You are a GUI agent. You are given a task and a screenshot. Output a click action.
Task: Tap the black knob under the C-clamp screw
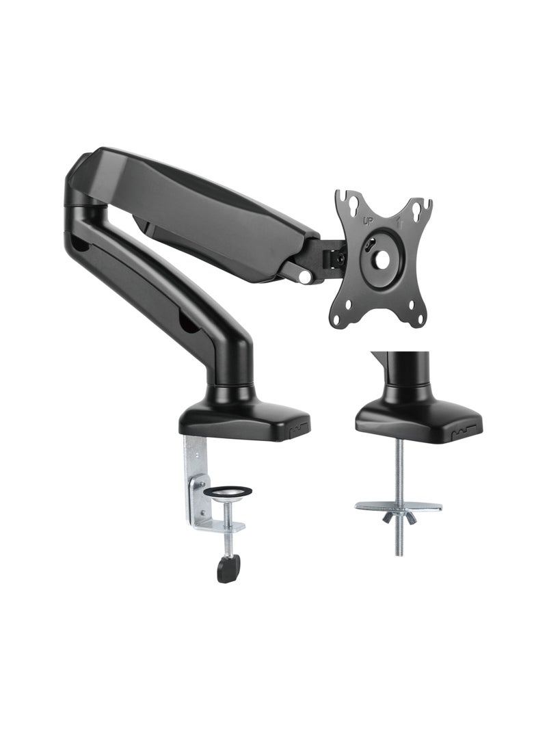tap(228, 567)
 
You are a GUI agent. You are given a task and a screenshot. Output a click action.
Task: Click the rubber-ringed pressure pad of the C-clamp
tap(229, 491)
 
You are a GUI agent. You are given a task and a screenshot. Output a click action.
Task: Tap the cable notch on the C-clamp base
tap(296, 431)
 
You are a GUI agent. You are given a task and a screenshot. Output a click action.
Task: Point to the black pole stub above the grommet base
tap(399, 373)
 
